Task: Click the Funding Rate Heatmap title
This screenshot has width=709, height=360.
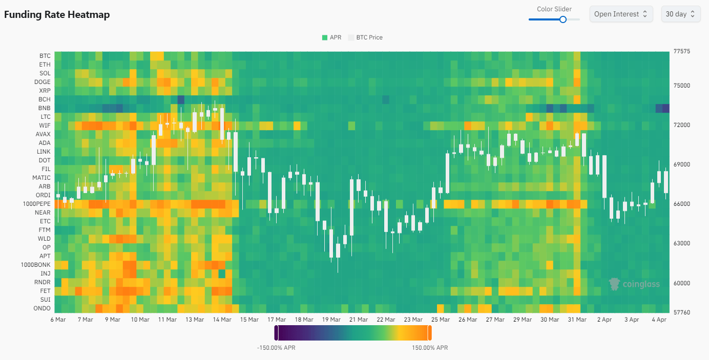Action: (x=57, y=14)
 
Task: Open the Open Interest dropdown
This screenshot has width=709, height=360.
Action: (x=620, y=14)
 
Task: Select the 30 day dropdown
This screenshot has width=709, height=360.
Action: (x=680, y=14)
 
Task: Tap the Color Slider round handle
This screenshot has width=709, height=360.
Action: (x=563, y=19)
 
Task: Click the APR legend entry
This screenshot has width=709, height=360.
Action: (x=331, y=37)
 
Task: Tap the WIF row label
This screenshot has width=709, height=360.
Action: (x=45, y=125)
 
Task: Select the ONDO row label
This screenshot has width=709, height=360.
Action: (x=42, y=308)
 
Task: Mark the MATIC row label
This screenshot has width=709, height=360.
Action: (x=41, y=178)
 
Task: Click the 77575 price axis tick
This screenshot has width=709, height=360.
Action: (x=682, y=51)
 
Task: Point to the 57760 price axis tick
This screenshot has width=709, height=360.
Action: (x=682, y=312)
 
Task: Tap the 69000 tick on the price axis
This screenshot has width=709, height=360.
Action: (x=682, y=164)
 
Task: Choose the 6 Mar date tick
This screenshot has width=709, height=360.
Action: (x=58, y=320)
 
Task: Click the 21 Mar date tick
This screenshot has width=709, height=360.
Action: (x=359, y=320)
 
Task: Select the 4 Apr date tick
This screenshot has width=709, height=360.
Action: (x=659, y=320)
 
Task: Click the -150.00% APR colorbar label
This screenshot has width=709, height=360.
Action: (x=276, y=348)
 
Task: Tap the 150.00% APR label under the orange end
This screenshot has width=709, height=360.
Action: (x=430, y=348)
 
